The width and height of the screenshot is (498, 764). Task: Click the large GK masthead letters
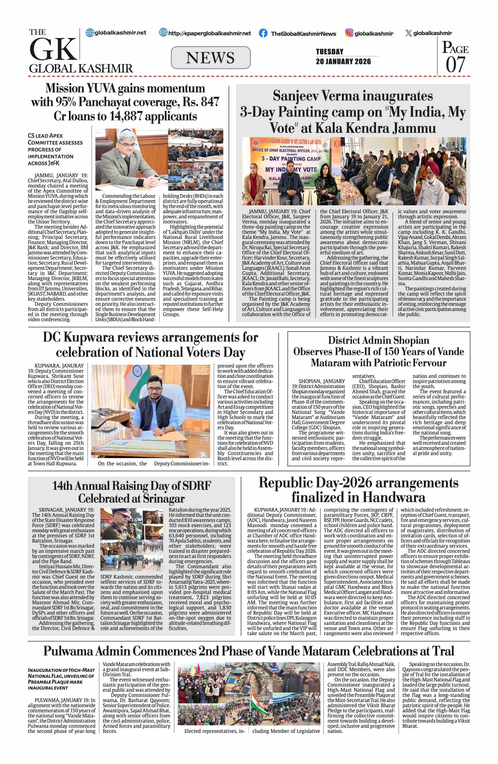coord(53,49)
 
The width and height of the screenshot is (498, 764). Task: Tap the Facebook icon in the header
coord(263,33)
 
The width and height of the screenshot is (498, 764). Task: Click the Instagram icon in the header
coord(349,33)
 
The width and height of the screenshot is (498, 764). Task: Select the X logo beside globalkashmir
coord(408,33)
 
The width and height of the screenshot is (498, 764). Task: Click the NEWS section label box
coord(210,58)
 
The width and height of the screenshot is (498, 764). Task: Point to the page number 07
coord(455,64)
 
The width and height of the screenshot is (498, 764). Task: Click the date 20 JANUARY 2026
coord(343,61)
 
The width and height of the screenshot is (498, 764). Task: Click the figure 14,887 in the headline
coord(126,116)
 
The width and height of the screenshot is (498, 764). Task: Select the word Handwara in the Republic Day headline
coord(394,497)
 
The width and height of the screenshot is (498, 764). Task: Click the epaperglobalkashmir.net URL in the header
coord(209,33)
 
